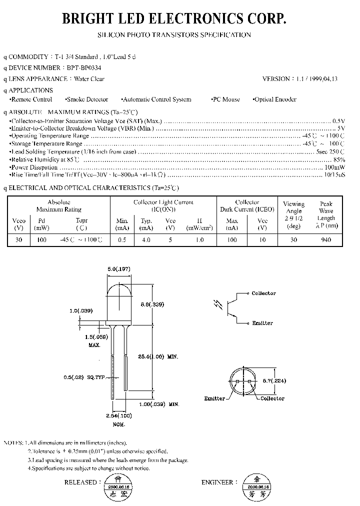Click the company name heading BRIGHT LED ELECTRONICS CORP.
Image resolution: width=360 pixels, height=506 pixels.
point(174,19)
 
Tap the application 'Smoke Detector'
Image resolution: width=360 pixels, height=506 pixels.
point(87,99)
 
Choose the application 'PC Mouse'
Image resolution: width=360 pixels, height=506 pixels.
point(225,99)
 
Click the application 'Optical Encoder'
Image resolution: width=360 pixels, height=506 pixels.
point(275,99)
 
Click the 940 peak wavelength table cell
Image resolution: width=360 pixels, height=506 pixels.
point(326,239)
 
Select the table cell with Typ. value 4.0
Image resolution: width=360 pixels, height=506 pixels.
point(146,239)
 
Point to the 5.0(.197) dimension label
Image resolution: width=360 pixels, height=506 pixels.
point(119,269)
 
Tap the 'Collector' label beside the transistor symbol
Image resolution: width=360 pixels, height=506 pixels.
point(263,293)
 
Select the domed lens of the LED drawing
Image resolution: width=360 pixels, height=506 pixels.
point(119,295)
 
